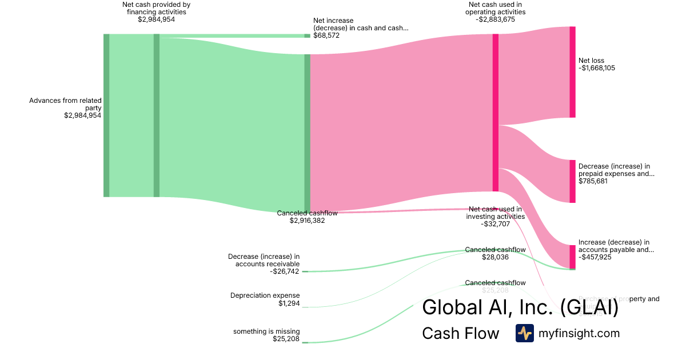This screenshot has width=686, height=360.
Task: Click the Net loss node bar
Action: [572, 72]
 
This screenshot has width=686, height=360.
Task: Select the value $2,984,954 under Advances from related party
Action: [83, 115]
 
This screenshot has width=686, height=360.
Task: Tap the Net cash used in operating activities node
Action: [496, 113]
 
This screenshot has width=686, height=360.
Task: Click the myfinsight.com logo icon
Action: [524, 333]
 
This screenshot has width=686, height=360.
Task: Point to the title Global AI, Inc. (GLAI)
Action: [520, 307]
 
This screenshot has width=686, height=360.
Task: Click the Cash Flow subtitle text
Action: [460, 333]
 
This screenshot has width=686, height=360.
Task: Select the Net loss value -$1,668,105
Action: [597, 68]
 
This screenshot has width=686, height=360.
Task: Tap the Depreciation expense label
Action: [265, 296]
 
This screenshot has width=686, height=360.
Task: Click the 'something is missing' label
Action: [266, 331]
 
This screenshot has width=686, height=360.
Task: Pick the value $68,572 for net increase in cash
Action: [326, 35]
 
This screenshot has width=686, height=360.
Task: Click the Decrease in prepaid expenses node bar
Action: [572, 181]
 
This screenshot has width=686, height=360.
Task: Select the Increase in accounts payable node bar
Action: [572, 257]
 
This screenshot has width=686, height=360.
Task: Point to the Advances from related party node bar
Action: [106, 115]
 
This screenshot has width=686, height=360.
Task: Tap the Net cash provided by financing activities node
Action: [157, 115]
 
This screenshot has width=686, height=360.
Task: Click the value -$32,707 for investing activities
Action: [495, 224]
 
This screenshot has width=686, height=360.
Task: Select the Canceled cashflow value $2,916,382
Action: [307, 221]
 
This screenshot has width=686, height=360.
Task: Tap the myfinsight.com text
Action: [579, 333]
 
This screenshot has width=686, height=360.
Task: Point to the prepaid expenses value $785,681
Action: [593, 181]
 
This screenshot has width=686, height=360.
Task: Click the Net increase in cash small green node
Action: [307, 35]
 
